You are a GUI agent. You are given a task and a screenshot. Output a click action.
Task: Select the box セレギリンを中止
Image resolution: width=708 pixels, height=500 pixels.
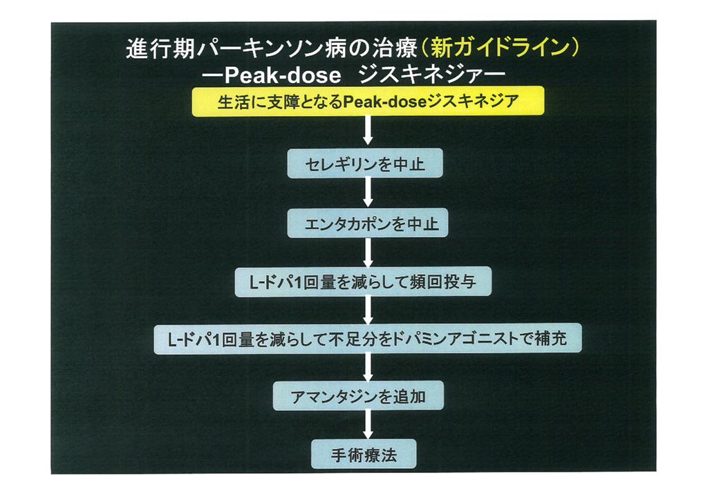coord(365,164)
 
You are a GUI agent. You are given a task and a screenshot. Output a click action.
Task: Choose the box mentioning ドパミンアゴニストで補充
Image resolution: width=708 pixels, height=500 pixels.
coord(368,339)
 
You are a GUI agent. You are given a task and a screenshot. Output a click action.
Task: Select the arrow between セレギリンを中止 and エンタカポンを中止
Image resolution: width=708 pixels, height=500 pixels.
coord(368,194)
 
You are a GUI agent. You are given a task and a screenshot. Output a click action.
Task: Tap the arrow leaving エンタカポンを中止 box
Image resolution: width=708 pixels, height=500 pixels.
coord(368,253)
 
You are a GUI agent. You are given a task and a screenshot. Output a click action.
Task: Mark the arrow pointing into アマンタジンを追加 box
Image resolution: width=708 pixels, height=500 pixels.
coord(368,368)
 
